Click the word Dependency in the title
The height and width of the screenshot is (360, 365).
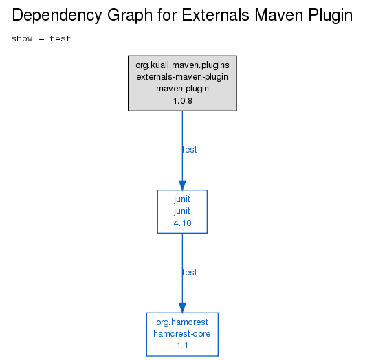[57, 16]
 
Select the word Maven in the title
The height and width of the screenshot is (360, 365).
[279, 15]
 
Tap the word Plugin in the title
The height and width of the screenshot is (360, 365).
[331, 16]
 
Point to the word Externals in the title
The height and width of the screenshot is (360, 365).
[215, 15]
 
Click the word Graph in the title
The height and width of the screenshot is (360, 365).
[130, 16]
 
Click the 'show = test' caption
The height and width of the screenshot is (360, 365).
[41, 38]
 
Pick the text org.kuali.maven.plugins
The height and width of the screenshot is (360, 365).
[182, 65]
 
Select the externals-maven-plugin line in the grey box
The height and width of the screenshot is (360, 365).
[182, 77]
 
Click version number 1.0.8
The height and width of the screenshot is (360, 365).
[183, 101]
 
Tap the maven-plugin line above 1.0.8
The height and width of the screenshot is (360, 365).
[182, 89]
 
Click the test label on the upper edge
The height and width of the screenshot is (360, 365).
[190, 150]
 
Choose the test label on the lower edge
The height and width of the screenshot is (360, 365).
[190, 273]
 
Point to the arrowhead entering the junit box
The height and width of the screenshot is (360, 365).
[182, 185]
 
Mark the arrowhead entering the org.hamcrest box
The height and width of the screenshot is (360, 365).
[182, 308]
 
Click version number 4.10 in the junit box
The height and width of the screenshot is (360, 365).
[183, 223]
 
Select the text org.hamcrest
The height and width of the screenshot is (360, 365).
[182, 322]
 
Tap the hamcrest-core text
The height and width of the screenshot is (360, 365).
[182, 334]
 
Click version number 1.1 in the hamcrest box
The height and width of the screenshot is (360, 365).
[182, 346]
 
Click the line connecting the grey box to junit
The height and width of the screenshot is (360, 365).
[182, 146]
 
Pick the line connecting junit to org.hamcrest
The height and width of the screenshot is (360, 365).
[182, 269]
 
